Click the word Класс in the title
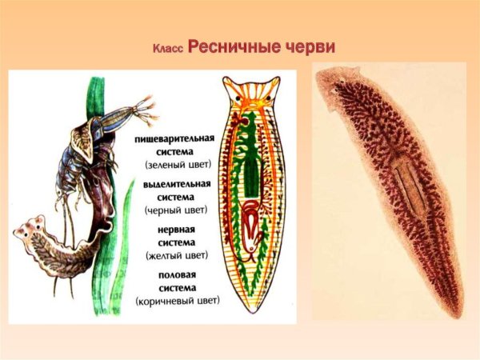[x=168, y=49]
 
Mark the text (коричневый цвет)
[x=175, y=302]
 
